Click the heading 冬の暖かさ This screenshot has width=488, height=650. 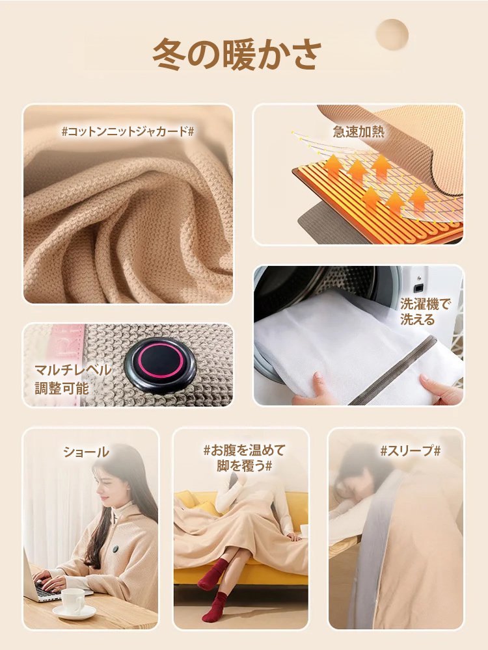click(x=237, y=55)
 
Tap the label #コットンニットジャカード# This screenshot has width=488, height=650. click(x=128, y=131)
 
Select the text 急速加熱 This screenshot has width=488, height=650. click(x=359, y=131)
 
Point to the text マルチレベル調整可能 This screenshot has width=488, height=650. click(x=72, y=379)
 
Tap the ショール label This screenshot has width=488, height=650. click(x=86, y=451)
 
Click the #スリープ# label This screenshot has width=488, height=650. click(x=410, y=450)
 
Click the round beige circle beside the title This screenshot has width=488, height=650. click(x=392, y=34)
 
